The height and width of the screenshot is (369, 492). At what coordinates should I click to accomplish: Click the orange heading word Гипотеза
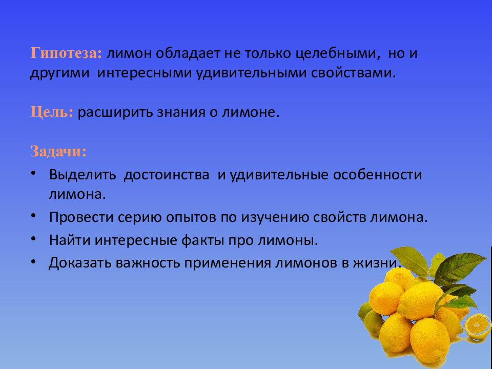[66, 54]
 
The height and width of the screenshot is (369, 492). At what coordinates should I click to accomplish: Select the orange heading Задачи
[58, 152]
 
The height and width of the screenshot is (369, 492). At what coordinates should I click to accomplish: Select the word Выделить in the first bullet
[81, 175]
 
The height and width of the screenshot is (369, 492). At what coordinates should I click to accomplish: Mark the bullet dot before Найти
[33, 238]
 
